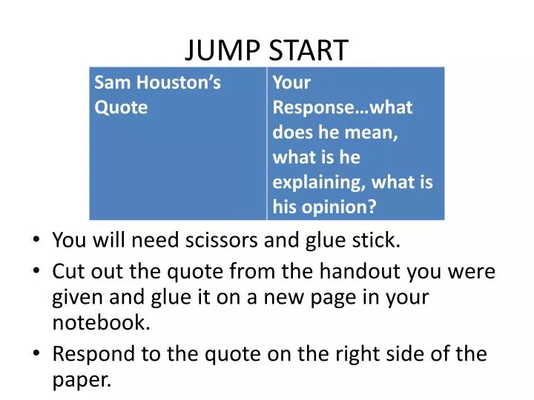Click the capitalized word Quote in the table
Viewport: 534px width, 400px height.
click(121, 107)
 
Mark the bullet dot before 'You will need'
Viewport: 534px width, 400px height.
click(37, 240)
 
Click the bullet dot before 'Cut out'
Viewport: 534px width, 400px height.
click(37, 272)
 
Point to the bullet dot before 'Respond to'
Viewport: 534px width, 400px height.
click(37, 354)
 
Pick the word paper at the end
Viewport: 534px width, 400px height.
click(82, 381)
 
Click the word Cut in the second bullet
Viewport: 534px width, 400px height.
click(67, 271)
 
